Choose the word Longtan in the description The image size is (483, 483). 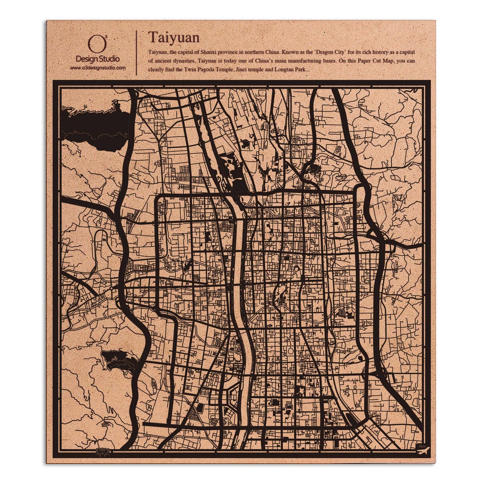pos(283,70)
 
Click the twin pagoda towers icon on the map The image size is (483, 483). pos(342,312)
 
